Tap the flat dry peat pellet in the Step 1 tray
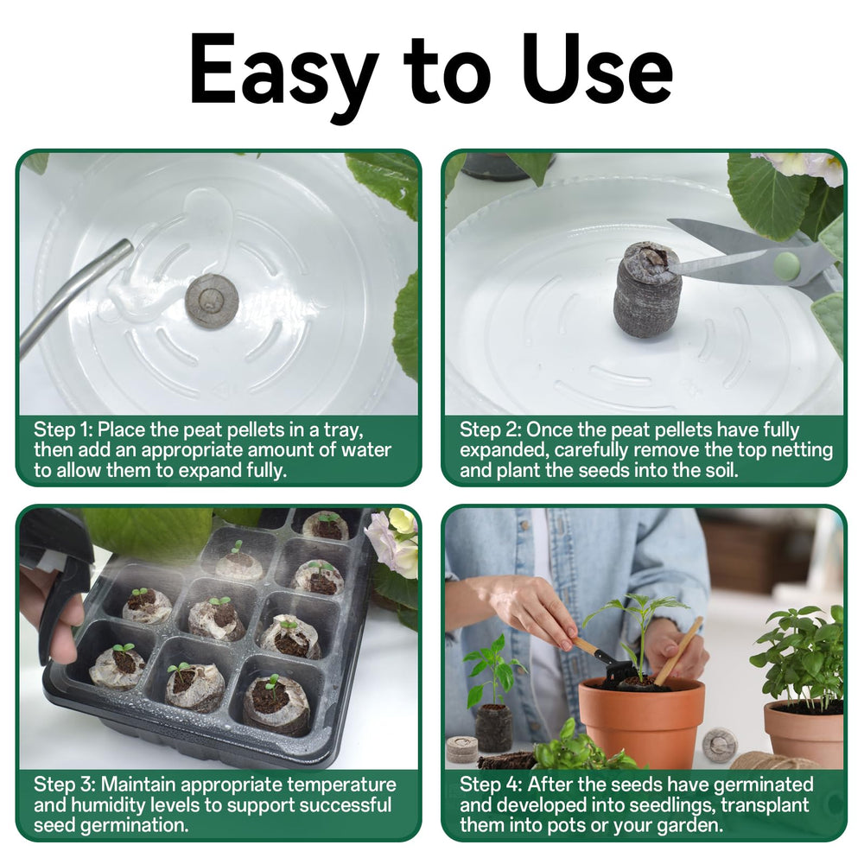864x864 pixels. point(212,301)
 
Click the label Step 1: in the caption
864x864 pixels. point(63,430)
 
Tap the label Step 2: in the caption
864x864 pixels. point(490,430)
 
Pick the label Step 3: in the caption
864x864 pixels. point(65,785)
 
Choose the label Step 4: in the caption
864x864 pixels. point(491,785)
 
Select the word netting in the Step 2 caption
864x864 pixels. point(803,451)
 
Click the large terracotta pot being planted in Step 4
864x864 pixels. point(641,721)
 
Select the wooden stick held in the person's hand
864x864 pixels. point(678,651)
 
